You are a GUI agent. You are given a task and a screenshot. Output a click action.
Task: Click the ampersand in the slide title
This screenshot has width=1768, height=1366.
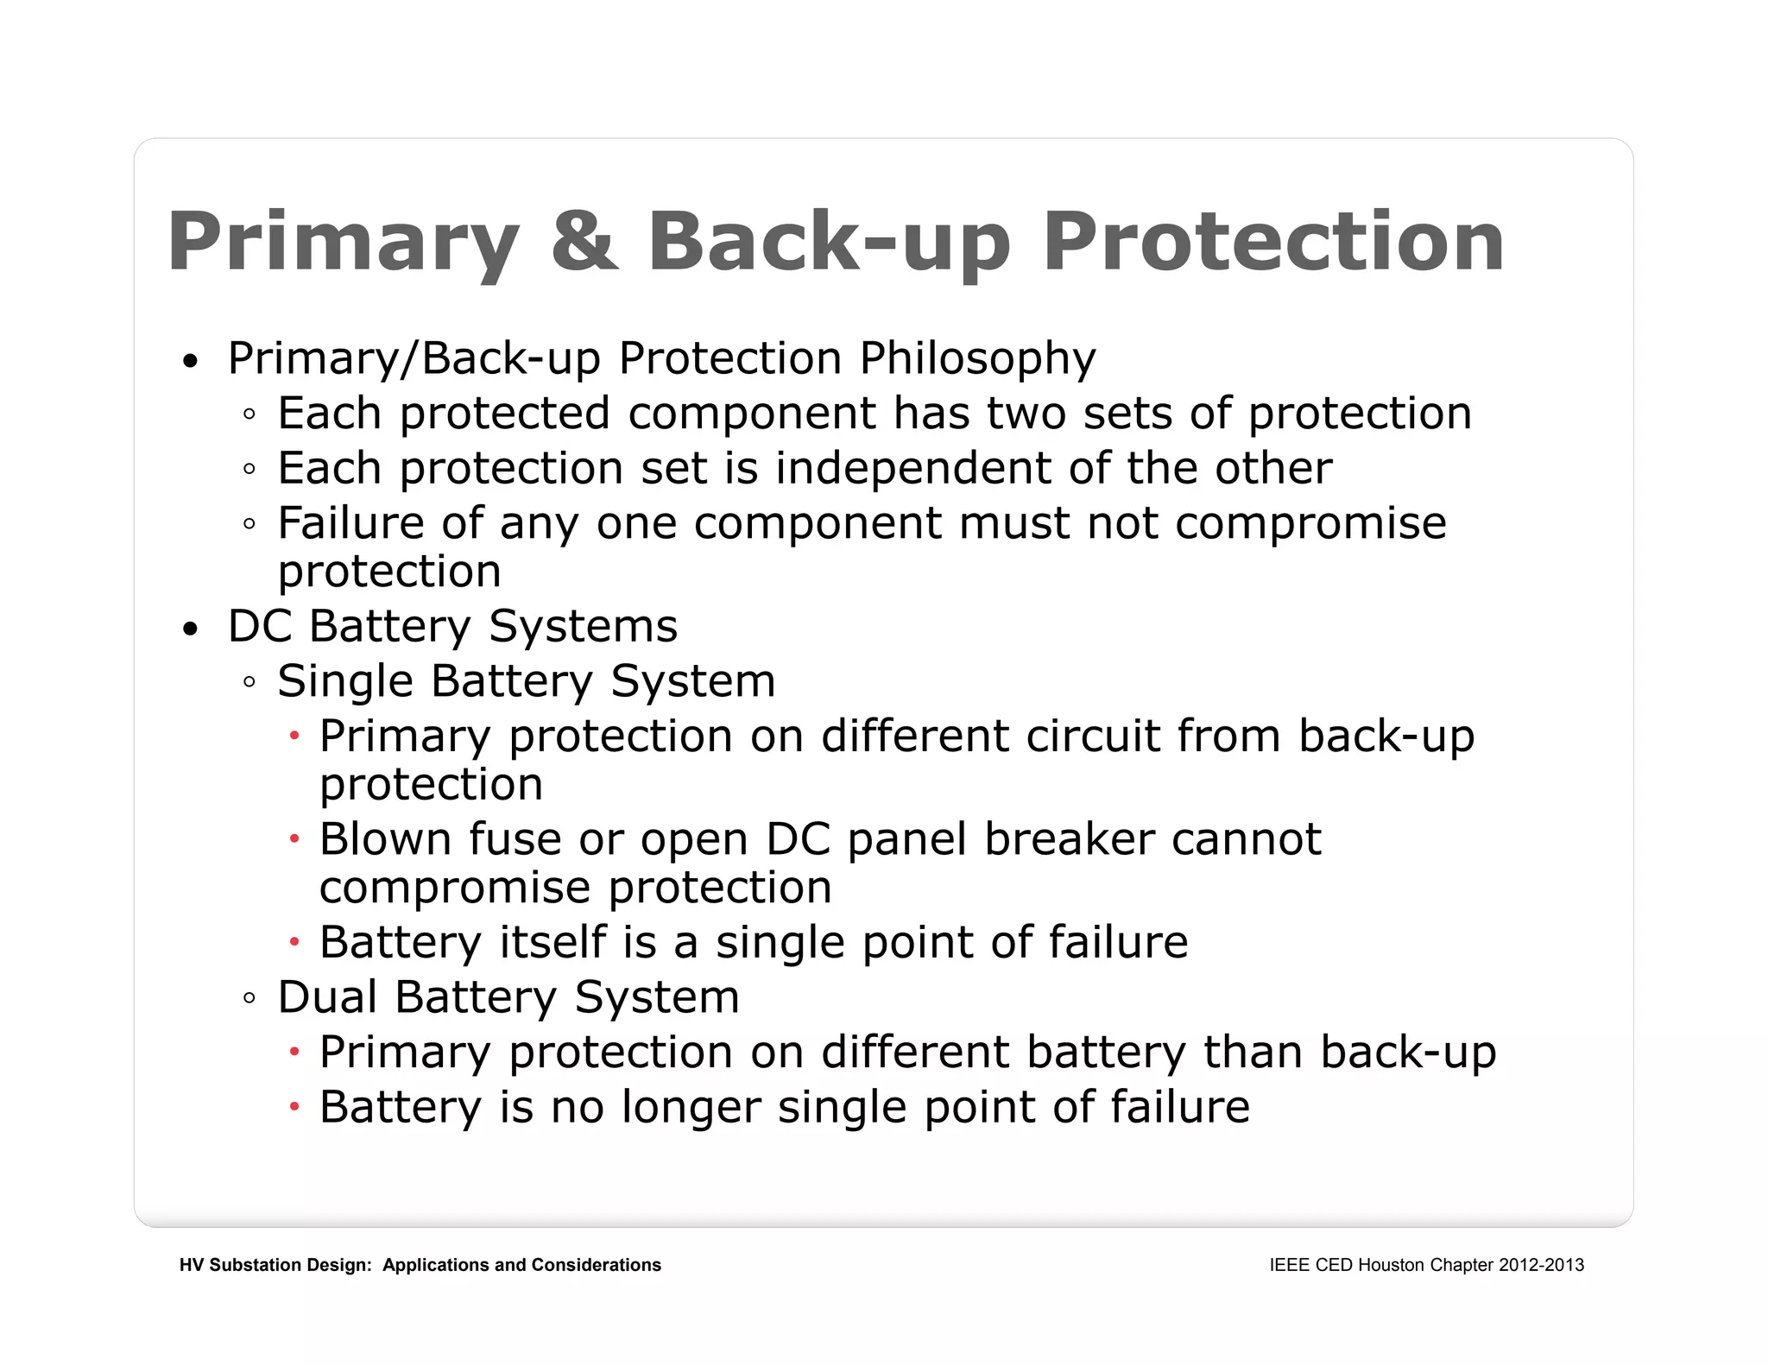click(584, 241)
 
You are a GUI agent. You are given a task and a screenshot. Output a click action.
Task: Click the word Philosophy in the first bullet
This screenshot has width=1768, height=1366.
click(977, 359)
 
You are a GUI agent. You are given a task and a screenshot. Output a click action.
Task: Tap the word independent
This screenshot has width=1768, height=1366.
click(912, 469)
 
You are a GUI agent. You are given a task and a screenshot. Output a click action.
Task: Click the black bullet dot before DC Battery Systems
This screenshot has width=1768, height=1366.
click(191, 629)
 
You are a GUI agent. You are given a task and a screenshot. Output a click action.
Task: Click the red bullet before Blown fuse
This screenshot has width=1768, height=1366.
click(294, 838)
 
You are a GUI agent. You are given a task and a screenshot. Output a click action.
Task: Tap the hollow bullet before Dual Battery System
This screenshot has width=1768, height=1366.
click(249, 999)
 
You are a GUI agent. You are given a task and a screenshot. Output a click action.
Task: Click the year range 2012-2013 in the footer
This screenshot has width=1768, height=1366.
click(1541, 1265)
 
